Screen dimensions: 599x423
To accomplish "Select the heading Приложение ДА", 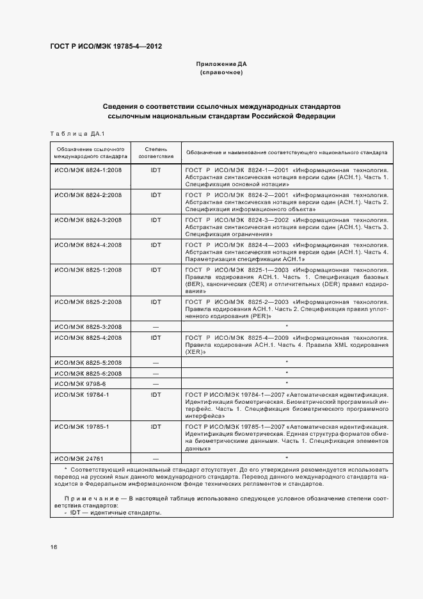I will [221, 65].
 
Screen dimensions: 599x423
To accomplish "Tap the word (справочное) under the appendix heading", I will [221, 73].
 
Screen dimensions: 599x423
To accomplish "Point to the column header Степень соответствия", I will [156, 153].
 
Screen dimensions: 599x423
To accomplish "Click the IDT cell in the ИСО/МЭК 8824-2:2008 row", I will [156, 195].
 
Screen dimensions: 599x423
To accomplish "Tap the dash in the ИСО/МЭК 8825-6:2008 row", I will [156, 372].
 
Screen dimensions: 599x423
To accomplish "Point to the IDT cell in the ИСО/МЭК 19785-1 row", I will [156, 426].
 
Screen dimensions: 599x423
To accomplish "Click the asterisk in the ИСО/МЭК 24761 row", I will [286, 458].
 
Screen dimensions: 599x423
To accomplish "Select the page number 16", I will [54, 547].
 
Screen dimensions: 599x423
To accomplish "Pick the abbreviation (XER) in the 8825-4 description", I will [195, 351].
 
